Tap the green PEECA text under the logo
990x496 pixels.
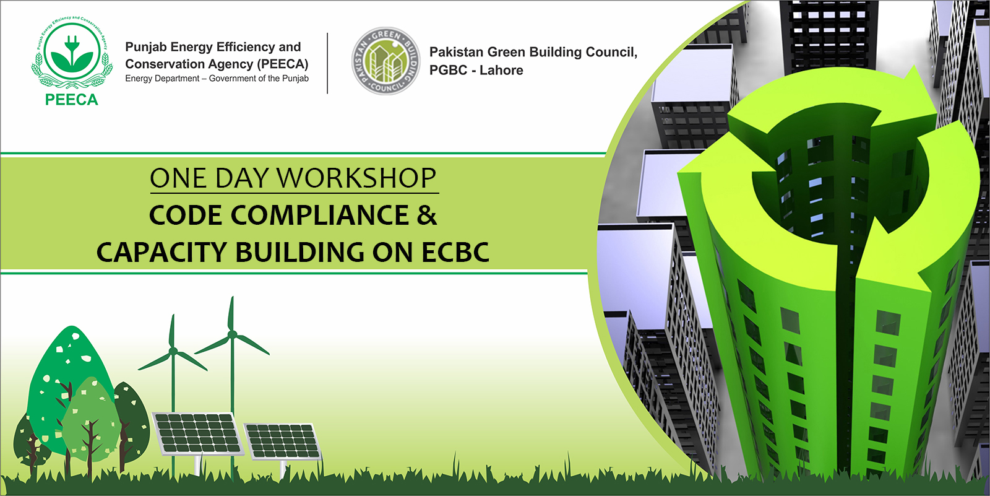click(72, 100)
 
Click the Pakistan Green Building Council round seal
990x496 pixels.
click(385, 61)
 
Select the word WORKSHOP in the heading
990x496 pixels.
click(356, 178)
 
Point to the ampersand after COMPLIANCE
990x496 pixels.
click(427, 215)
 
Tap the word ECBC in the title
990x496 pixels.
click(455, 253)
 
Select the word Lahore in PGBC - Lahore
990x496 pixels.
click(501, 71)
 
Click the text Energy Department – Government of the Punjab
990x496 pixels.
click(217, 79)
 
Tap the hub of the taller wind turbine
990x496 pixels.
click(232, 335)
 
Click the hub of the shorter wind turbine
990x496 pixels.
click(173, 351)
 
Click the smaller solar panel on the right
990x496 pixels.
click(283, 441)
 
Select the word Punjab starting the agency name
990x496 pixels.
click(145, 47)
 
